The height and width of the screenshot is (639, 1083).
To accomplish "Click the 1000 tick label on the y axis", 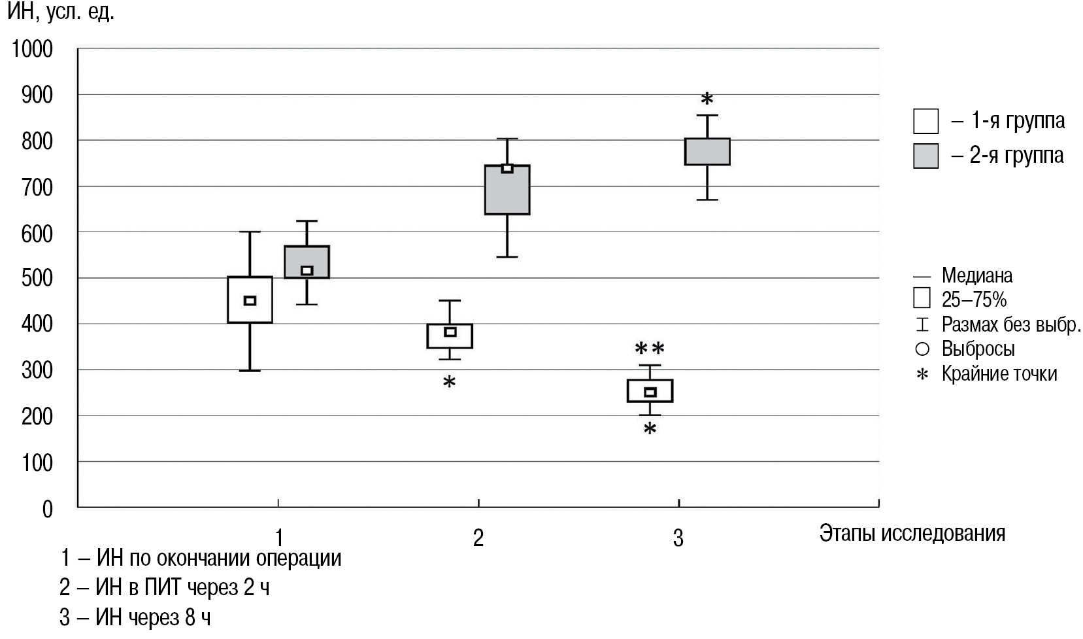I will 31,48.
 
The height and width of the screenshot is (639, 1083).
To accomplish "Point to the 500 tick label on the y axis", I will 37,278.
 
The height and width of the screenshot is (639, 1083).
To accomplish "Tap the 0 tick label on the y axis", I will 46,508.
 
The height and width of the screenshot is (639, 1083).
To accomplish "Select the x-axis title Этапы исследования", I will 912,533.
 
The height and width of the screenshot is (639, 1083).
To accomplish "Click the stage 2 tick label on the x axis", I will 478,538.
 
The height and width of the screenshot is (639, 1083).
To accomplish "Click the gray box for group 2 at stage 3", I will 707,152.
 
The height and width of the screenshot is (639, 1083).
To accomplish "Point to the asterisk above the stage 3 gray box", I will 707,100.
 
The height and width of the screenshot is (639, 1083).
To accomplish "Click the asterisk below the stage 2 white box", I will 449,383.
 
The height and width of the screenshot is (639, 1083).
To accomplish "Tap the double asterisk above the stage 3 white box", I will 650,348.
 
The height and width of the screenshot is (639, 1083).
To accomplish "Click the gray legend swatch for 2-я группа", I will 925,156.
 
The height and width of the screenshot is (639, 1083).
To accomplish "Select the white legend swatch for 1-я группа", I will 925,121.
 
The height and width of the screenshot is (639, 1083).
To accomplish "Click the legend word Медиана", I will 976,275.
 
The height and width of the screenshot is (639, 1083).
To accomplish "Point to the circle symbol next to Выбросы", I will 922,349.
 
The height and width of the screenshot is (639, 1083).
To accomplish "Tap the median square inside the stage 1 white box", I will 250,301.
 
